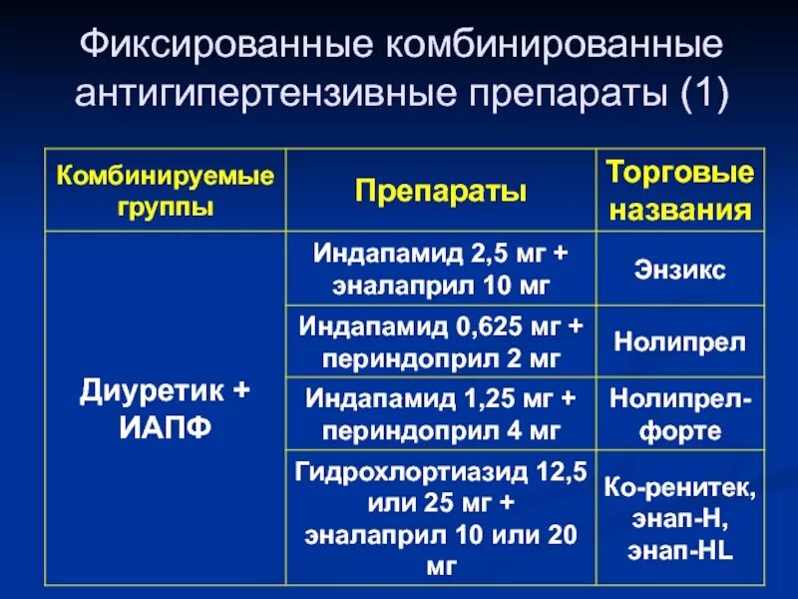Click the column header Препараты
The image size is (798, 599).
441,193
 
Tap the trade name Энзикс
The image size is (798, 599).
680,269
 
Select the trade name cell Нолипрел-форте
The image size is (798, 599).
680,414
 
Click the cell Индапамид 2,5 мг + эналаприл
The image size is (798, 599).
441,269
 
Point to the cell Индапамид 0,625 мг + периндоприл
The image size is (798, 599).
441,341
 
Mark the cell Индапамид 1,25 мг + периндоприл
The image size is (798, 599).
441,414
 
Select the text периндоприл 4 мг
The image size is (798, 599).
441,431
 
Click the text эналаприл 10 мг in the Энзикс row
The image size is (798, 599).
441,286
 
